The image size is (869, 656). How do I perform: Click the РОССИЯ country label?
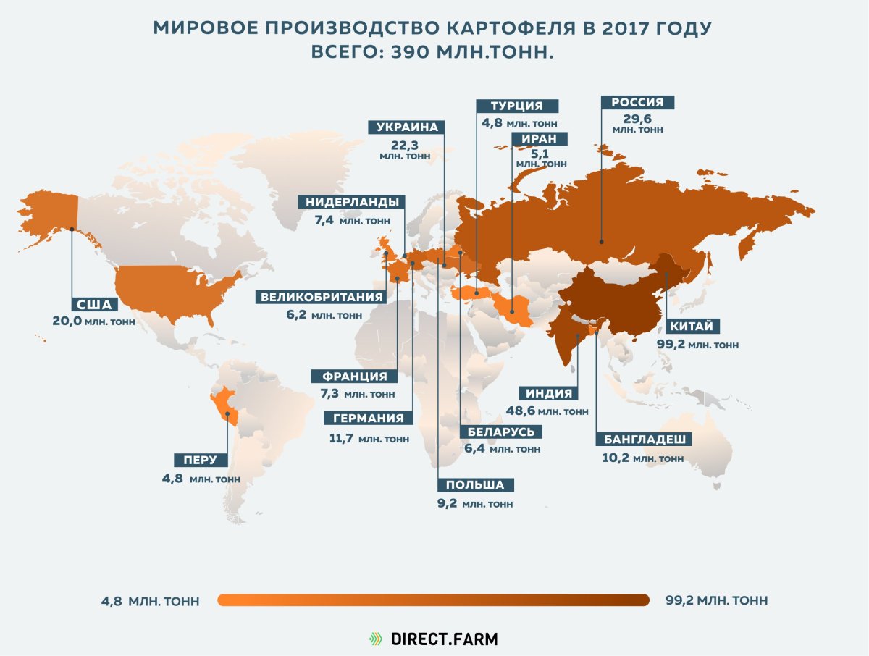[637, 103]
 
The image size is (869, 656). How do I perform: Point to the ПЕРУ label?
[201, 461]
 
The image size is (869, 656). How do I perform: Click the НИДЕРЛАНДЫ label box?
[351, 202]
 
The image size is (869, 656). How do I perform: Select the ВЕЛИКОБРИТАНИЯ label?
[322, 297]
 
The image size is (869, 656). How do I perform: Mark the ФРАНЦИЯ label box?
[354, 377]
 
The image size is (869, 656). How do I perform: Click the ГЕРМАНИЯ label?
[369, 419]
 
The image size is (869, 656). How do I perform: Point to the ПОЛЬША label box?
[475, 485]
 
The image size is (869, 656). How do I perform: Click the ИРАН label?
[538, 139]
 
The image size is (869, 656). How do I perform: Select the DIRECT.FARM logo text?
[444, 639]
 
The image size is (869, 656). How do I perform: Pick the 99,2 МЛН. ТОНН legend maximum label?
[716, 600]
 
